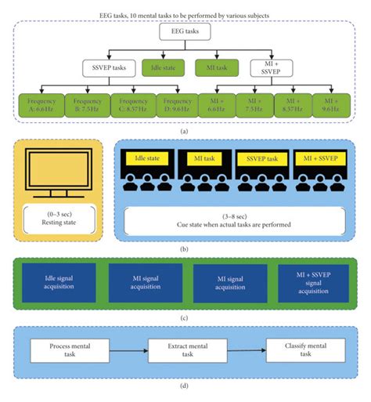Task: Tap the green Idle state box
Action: pos(160,69)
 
